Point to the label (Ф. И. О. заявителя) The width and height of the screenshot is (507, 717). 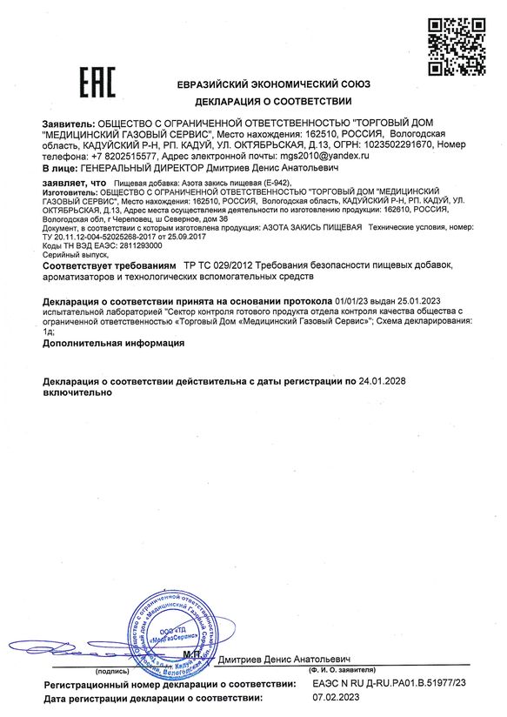click(344, 673)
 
